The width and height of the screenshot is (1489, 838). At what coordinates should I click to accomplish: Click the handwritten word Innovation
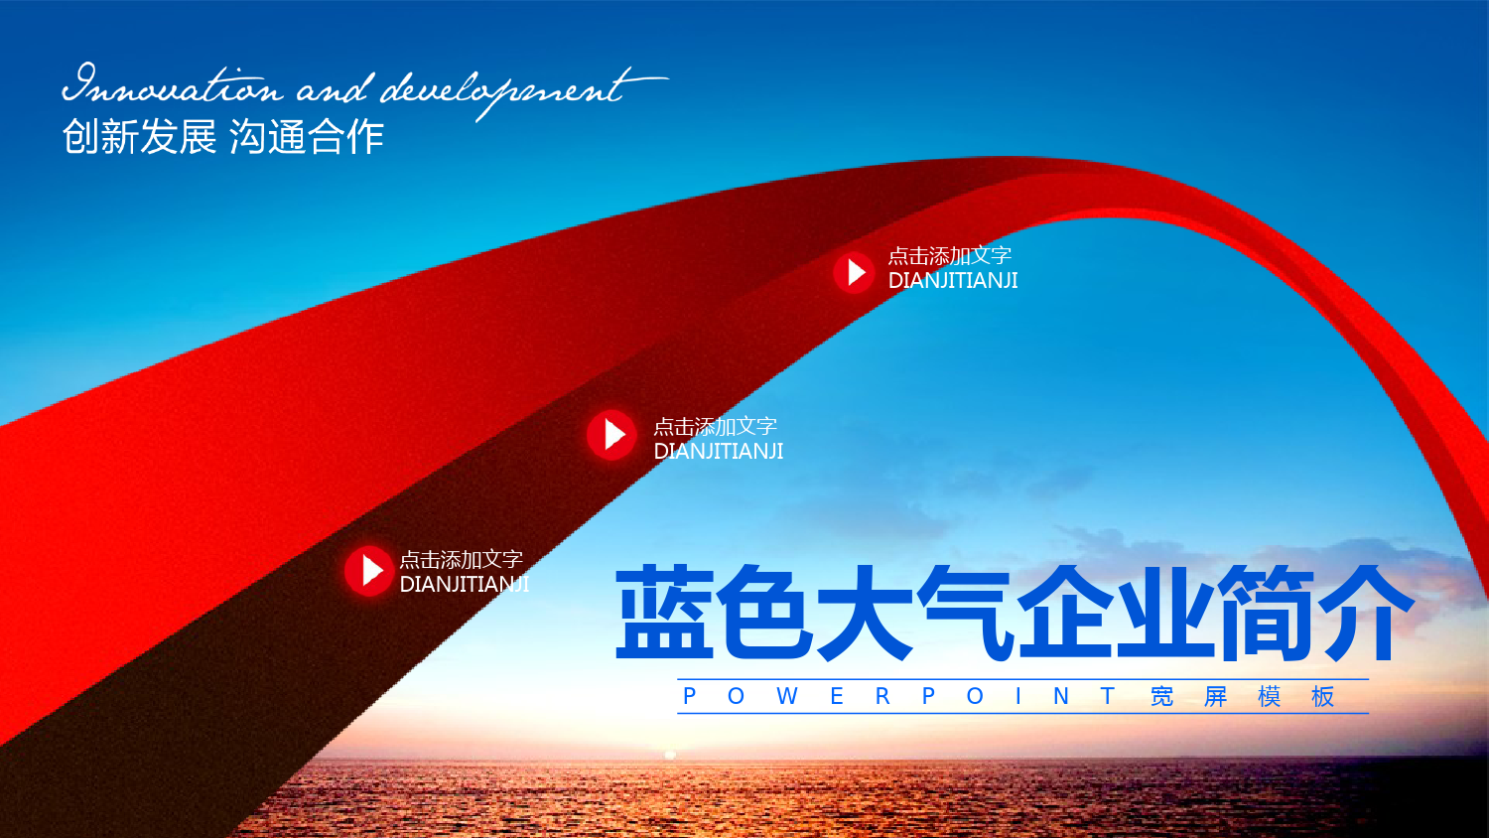click(173, 84)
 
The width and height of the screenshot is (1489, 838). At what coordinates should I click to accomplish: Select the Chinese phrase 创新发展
click(140, 137)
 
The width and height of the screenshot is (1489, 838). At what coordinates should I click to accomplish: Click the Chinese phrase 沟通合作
click(307, 137)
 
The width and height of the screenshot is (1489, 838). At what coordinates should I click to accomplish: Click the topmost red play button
click(854, 272)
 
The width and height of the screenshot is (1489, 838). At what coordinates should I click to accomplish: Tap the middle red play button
click(611, 435)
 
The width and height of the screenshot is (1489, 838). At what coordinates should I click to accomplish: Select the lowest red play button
click(369, 571)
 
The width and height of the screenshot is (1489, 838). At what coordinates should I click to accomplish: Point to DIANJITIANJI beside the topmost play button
click(953, 281)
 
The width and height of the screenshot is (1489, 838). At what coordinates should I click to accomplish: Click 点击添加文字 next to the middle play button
click(716, 426)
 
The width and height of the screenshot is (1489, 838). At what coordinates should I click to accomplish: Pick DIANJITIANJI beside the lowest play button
click(464, 584)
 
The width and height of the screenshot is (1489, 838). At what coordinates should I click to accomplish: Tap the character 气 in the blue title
click(966, 613)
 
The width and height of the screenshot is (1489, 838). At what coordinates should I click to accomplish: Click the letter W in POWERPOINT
click(787, 696)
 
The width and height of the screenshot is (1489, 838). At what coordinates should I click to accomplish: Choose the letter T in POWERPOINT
click(1108, 696)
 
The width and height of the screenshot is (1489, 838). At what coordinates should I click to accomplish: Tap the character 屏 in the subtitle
click(1216, 696)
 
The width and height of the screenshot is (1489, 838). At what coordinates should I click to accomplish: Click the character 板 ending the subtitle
click(1323, 696)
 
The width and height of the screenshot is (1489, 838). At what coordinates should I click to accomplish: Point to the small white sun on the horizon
click(670, 755)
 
